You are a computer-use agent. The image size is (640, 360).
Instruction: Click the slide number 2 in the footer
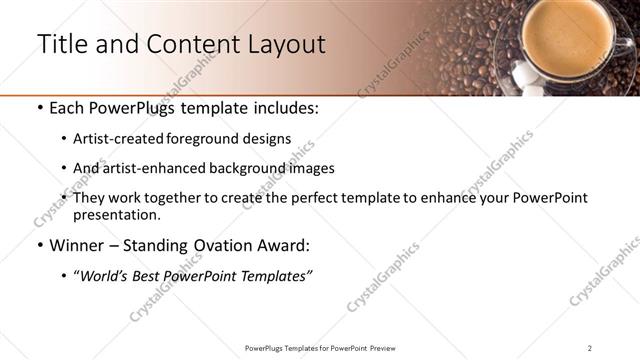point(590,348)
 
